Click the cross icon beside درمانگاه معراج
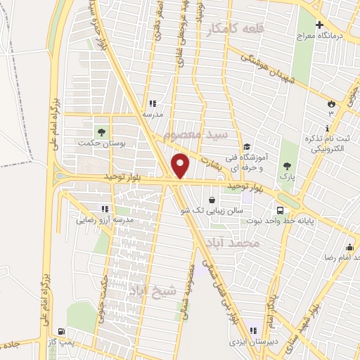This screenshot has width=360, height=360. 320,25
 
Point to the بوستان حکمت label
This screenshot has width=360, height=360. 102,141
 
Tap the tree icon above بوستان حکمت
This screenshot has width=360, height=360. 101,131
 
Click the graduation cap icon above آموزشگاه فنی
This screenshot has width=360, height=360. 247,147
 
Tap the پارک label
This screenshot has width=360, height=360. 285,177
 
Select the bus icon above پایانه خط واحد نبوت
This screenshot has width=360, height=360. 281,210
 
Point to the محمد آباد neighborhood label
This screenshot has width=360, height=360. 233,243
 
